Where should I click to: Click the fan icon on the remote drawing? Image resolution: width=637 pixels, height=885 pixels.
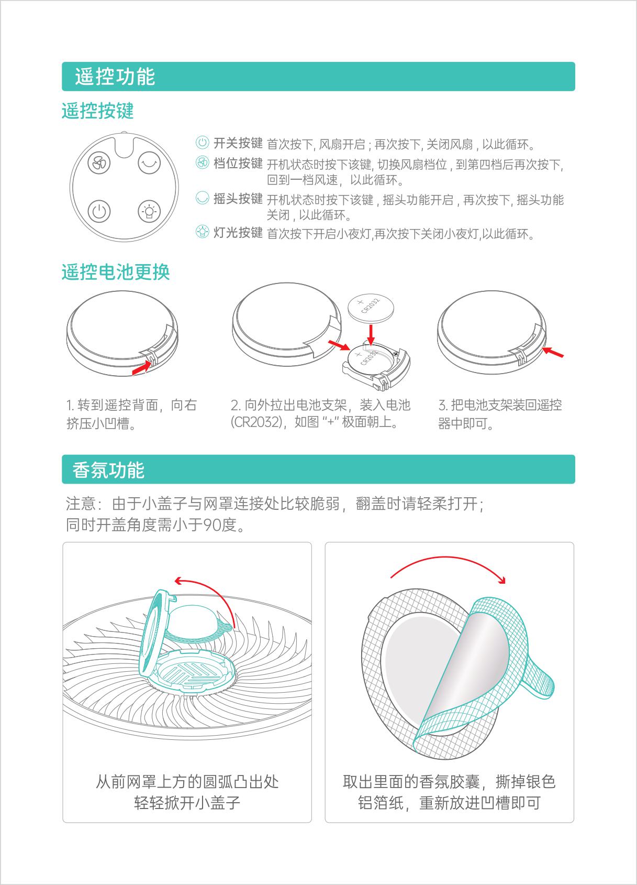(99, 163)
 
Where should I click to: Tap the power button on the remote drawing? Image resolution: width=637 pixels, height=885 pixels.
(99, 211)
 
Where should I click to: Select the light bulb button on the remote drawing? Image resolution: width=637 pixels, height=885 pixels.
(149, 211)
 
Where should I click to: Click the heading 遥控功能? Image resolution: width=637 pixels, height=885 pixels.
(115, 77)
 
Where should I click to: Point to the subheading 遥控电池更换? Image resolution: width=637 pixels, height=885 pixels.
(116, 272)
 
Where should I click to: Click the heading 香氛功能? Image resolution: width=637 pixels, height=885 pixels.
(108, 470)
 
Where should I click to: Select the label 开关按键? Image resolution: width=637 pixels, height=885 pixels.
(238, 143)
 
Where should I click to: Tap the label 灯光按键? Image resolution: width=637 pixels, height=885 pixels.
(238, 233)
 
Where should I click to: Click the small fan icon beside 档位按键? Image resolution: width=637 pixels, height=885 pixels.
(203, 162)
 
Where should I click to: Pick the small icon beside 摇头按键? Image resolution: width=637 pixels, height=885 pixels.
(203, 198)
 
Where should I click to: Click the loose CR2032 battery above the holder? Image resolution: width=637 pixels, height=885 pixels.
(371, 307)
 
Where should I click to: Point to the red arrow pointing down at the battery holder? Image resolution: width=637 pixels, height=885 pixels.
(371, 335)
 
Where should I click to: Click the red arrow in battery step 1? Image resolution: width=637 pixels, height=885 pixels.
(142, 368)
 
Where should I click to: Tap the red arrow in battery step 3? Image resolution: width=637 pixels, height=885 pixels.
(553, 352)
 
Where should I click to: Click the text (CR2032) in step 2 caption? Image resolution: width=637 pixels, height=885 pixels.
(257, 422)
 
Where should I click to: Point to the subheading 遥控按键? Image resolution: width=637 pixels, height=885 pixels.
(97, 111)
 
